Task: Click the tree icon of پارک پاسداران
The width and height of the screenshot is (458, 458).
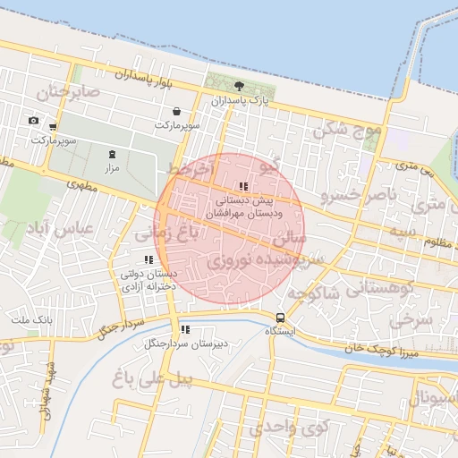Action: pos(239,86)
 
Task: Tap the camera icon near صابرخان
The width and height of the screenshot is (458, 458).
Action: pos(33,121)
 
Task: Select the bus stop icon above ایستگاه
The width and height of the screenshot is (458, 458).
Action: pos(281,318)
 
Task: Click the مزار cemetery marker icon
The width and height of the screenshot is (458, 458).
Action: pos(113,154)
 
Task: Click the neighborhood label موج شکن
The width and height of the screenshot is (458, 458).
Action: pos(346,131)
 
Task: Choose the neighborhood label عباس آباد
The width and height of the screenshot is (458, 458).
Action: pos(62,229)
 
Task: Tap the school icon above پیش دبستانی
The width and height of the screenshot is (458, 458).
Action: pos(242,187)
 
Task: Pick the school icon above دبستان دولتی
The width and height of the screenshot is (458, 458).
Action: pos(148,260)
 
